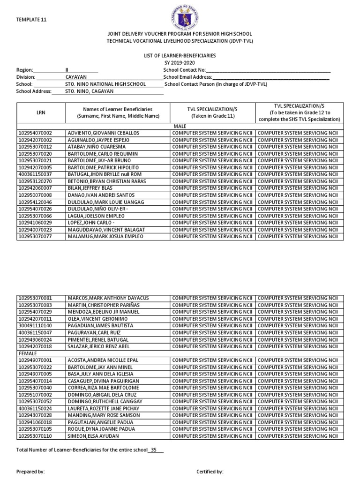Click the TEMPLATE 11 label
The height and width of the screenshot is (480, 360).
pyautogui.click(x=31, y=20)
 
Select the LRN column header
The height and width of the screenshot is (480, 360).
pyautogui.click(x=41, y=112)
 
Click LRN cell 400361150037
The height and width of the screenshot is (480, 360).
pyautogui.click(x=36, y=174)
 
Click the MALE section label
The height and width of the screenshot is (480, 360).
pyautogui.click(x=180, y=127)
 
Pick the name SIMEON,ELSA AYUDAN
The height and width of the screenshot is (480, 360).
pyautogui.click(x=92, y=436)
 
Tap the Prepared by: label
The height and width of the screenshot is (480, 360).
pyautogui.click(x=30, y=472)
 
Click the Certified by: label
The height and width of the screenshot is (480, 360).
pyautogui.click(x=210, y=472)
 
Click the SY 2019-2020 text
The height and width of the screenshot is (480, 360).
pyautogui.click(x=180, y=63)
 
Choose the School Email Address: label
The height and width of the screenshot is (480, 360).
pyautogui.click(x=188, y=77)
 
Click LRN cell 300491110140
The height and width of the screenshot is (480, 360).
pyautogui.click(x=36, y=325)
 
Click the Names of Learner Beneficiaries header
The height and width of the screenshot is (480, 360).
pyautogui.click(x=118, y=112)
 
